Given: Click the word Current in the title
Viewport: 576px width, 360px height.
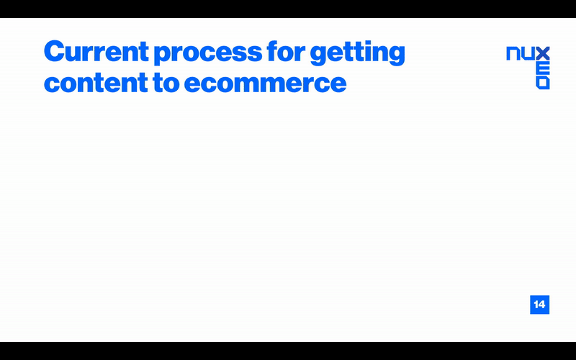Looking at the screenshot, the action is point(96,51).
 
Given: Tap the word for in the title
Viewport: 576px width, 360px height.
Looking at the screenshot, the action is point(286,50).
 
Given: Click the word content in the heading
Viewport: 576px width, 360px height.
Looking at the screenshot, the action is point(96,82).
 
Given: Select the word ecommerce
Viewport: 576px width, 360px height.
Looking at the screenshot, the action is point(265,84).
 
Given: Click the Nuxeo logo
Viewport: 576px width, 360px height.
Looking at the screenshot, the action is point(528,68).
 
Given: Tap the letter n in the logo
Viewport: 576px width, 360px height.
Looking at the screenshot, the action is point(513,53).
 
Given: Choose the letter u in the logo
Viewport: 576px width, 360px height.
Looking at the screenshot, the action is point(528,53).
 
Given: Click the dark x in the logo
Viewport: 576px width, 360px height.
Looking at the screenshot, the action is point(543,53).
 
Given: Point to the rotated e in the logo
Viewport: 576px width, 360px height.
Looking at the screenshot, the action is point(543,68).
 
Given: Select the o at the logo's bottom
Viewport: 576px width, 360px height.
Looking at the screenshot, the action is point(543,83).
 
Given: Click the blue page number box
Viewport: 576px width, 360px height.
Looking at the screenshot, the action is point(539,305).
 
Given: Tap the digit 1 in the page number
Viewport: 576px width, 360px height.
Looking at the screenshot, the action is point(536,305).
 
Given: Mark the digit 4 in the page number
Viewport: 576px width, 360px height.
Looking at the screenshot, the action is point(542,305).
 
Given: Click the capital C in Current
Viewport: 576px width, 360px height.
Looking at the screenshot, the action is point(55,51).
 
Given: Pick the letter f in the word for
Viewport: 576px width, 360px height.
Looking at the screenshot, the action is point(273,50).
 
